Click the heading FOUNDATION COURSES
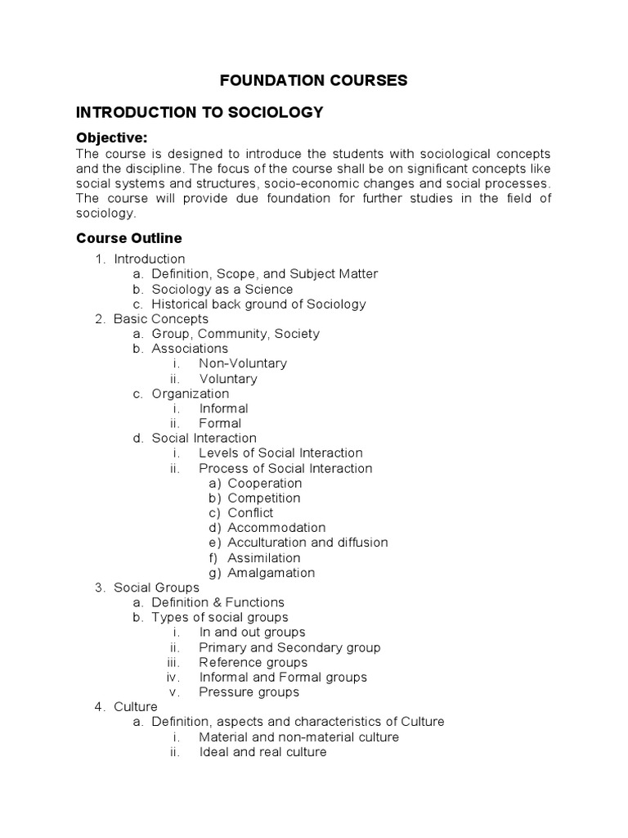tap(313, 80)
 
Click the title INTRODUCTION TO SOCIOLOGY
tap(200, 112)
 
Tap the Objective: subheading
tap(111, 137)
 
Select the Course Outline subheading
tap(129, 238)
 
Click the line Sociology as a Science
tap(222, 289)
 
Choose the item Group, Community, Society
tap(235, 333)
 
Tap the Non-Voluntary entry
tap(243, 363)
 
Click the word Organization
tap(191, 394)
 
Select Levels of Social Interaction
tap(280, 453)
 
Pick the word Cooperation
tap(265, 483)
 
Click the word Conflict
tap(250, 512)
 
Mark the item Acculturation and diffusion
tap(307, 542)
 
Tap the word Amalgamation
tap(271, 572)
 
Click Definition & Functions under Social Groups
tap(218, 602)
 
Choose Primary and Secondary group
tap(289, 647)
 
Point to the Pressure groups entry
tap(249, 692)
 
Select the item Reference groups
tap(253, 662)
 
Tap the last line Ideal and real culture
tap(262, 751)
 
